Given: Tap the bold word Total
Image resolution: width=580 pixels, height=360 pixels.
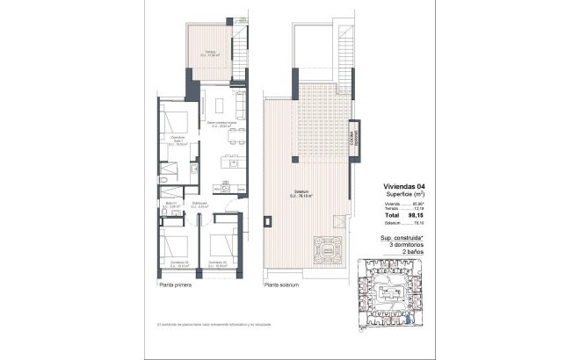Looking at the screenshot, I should click(x=390, y=215).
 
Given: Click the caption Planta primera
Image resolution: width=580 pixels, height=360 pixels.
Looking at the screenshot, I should click(x=178, y=285).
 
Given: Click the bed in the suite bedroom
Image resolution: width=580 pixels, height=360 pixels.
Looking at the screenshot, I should click(x=171, y=119).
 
